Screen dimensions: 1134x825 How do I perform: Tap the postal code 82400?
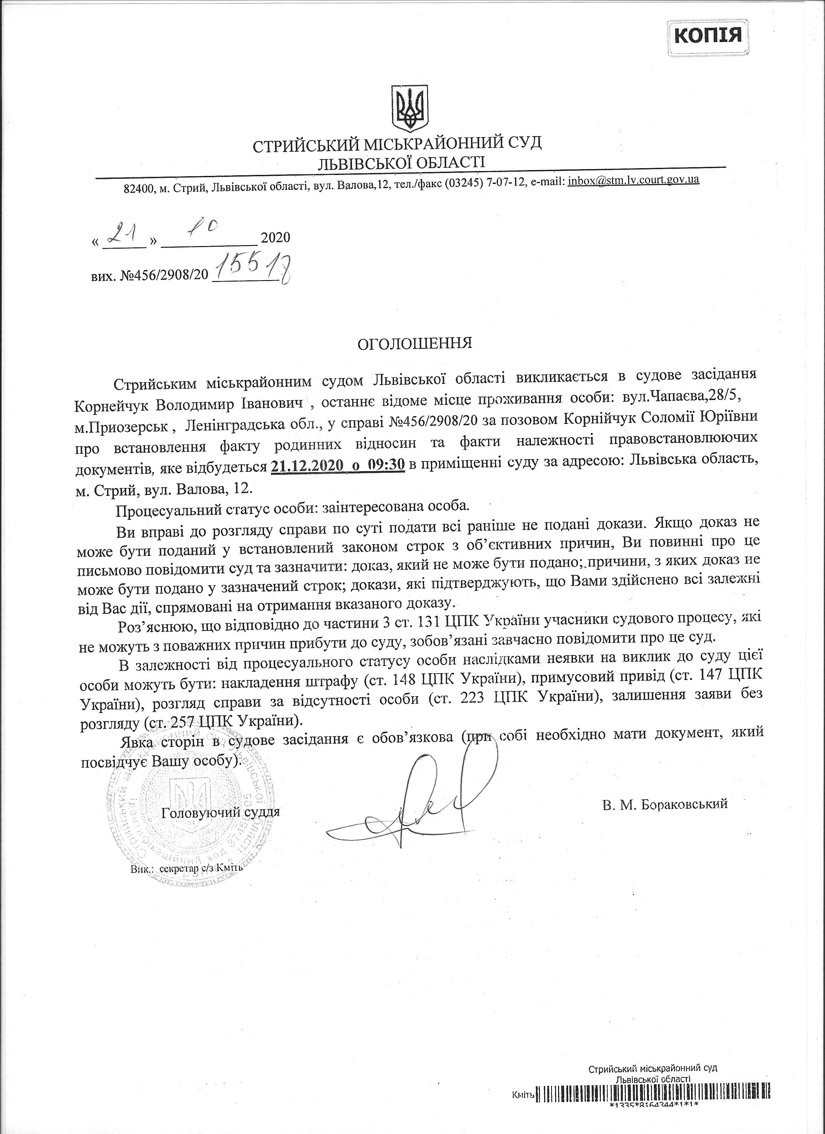coord(139,189)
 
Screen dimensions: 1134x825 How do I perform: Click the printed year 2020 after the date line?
coord(276,237)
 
